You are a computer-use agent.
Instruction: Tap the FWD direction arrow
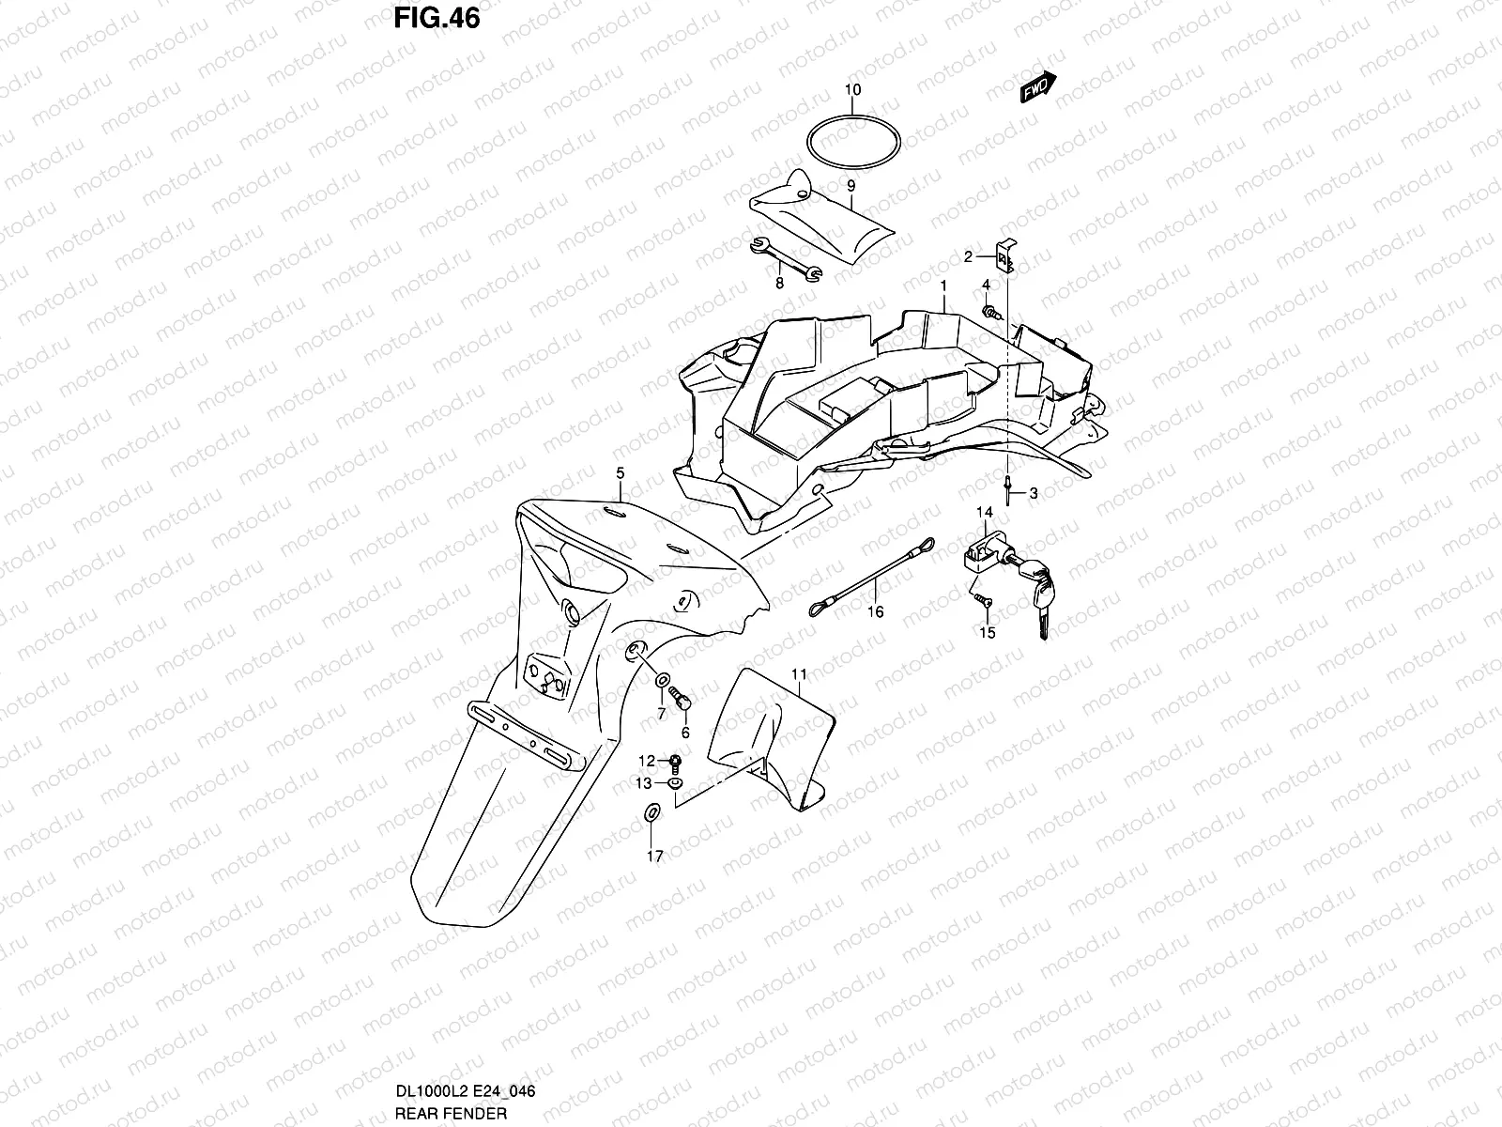click(1038, 87)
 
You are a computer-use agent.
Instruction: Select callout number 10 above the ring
click(851, 90)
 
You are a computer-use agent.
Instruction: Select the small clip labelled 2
click(1004, 256)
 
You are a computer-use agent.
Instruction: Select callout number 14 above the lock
click(984, 512)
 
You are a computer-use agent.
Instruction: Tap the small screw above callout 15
click(981, 597)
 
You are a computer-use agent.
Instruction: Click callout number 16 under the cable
click(875, 612)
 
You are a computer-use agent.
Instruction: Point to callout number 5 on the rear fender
click(620, 473)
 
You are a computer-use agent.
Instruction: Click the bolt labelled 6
click(682, 700)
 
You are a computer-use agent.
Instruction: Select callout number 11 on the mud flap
click(799, 674)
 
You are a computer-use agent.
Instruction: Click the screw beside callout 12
click(675, 761)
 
